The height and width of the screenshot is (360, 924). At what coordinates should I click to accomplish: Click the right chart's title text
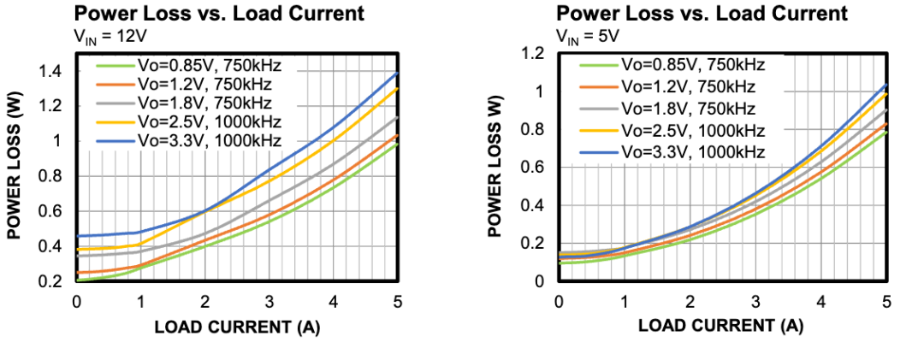point(702,14)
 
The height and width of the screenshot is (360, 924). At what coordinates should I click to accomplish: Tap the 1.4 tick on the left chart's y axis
point(52,72)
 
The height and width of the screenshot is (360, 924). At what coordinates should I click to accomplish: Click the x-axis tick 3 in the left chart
point(269,300)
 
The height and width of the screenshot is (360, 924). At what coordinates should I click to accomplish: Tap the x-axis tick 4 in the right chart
point(821,300)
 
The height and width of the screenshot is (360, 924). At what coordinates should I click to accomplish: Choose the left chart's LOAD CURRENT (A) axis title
point(236,327)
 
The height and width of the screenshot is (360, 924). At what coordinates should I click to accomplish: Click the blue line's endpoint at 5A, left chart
point(398,73)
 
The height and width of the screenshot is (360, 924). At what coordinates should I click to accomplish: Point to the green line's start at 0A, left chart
point(77,280)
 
